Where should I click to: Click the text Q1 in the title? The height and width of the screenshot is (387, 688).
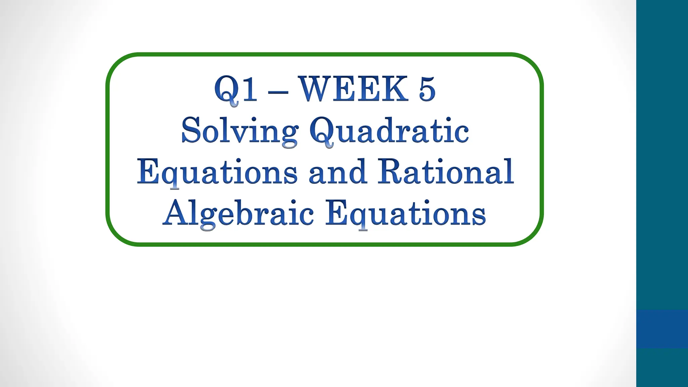coord(236,89)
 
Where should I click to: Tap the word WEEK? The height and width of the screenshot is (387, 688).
coord(353,89)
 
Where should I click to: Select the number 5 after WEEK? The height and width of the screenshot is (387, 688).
coord(427,89)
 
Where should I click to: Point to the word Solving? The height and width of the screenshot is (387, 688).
coord(240,131)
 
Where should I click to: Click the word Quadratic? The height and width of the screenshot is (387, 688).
coord(389,131)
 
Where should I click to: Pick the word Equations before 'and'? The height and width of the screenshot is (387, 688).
coord(217,172)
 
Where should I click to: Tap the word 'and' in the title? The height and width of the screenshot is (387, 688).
coord(337,172)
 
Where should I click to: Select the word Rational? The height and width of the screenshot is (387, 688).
coord(445,172)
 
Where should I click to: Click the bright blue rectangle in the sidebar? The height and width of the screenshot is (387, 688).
coord(662,329)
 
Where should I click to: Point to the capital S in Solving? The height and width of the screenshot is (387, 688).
coord(191,130)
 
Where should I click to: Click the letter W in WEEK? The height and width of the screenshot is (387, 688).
coord(315,89)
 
